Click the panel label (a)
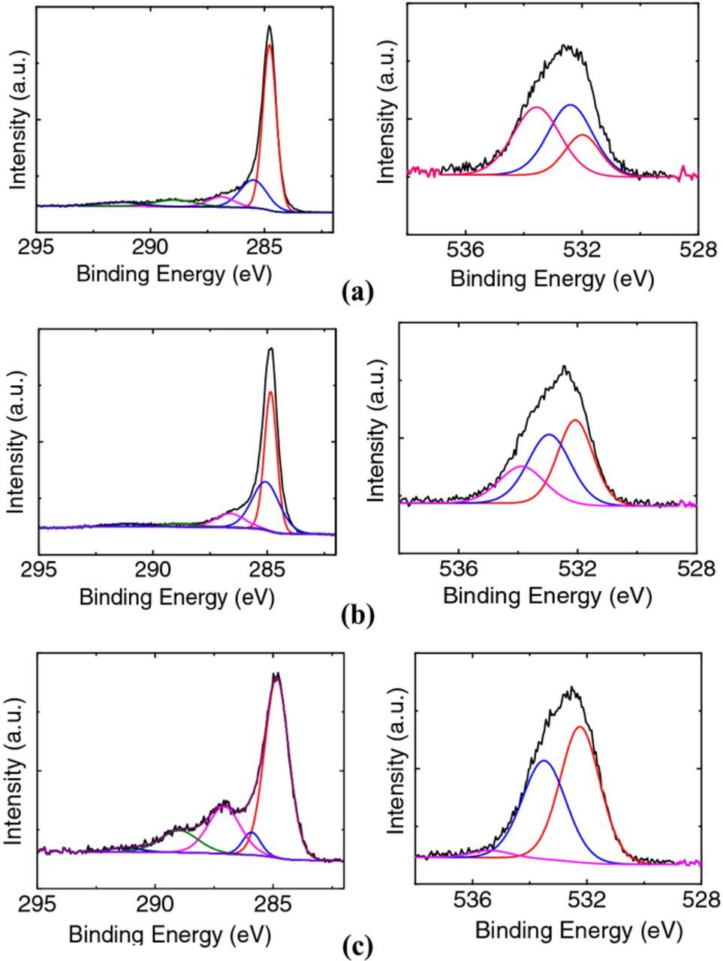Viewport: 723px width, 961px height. pos(357,291)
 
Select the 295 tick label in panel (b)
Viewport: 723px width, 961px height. pos(39,571)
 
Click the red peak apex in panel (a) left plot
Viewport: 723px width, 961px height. pos(270,45)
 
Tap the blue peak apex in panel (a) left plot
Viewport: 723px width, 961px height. pos(254,181)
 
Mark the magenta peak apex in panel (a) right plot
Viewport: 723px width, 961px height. pos(536,107)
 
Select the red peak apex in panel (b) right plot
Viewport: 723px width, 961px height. pos(576,420)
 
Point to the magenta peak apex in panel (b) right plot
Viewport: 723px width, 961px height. pos(523,466)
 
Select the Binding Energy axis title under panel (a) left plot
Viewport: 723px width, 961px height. pos(173,273)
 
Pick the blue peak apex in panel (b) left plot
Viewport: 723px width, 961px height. pos(264,482)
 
